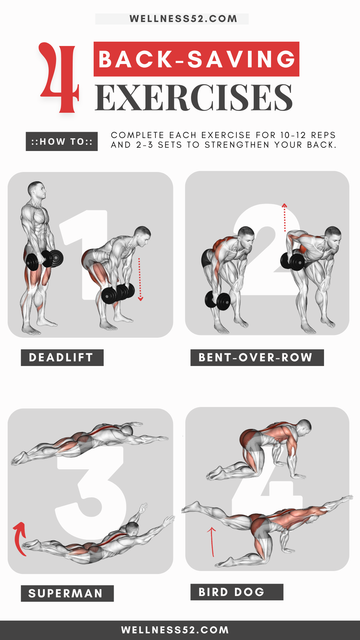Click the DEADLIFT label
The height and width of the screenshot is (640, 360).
tap(62, 358)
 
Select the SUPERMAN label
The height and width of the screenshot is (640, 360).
tap(67, 593)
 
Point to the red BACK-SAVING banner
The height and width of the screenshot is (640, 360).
tap(196, 59)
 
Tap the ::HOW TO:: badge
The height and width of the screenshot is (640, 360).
tap(62, 142)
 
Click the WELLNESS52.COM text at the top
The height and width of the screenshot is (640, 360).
tap(183, 19)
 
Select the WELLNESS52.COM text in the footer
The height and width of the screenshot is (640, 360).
tap(175, 630)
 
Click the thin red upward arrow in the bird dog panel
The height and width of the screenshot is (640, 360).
tap(212, 542)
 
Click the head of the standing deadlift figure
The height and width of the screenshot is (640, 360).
tap(36, 190)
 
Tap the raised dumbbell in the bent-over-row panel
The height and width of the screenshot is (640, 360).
tap(292, 261)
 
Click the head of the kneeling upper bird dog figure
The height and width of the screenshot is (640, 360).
tap(304, 427)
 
